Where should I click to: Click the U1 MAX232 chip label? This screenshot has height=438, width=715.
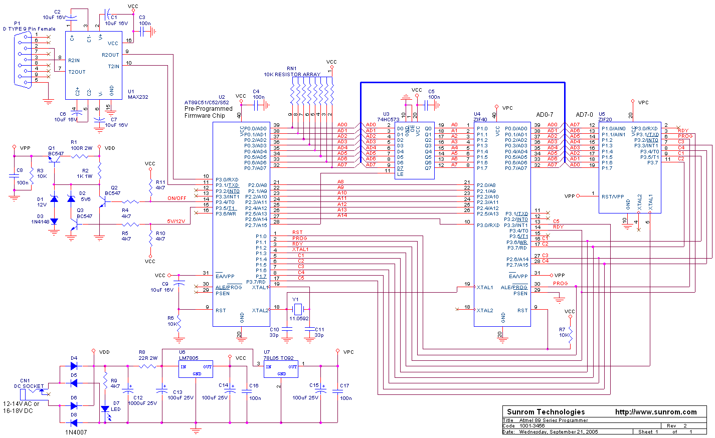(x=138, y=95)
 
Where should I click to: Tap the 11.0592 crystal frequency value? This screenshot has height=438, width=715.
(x=299, y=318)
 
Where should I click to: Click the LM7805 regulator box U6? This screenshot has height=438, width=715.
(x=196, y=370)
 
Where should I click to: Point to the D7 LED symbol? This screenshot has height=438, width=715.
(x=105, y=409)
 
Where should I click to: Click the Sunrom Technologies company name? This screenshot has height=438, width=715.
(x=546, y=412)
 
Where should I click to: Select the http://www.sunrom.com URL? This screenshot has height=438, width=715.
(x=656, y=412)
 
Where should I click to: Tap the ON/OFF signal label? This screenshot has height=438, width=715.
(x=176, y=198)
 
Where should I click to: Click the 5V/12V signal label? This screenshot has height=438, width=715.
(x=176, y=221)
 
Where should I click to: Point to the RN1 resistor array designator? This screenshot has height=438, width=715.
(x=292, y=69)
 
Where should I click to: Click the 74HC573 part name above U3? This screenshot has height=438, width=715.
(x=389, y=120)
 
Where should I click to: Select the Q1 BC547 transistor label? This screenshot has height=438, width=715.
(x=56, y=151)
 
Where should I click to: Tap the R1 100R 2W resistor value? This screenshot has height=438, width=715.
(x=82, y=148)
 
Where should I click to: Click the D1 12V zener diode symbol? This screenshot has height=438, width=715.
(x=54, y=199)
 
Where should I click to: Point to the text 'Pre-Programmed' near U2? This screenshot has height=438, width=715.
(x=209, y=109)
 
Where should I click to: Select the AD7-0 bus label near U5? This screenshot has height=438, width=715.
(x=584, y=115)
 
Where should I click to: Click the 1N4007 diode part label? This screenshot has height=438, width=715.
(x=76, y=432)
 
